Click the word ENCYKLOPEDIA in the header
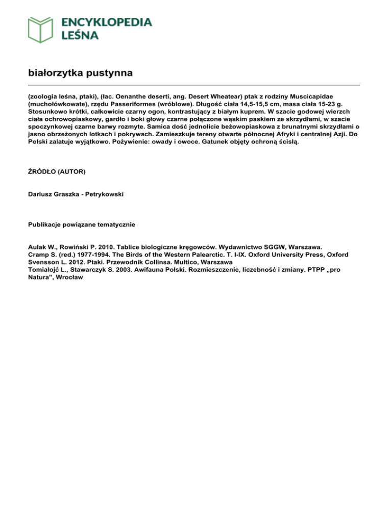click(x=107, y=22)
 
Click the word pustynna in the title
click(x=111, y=73)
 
